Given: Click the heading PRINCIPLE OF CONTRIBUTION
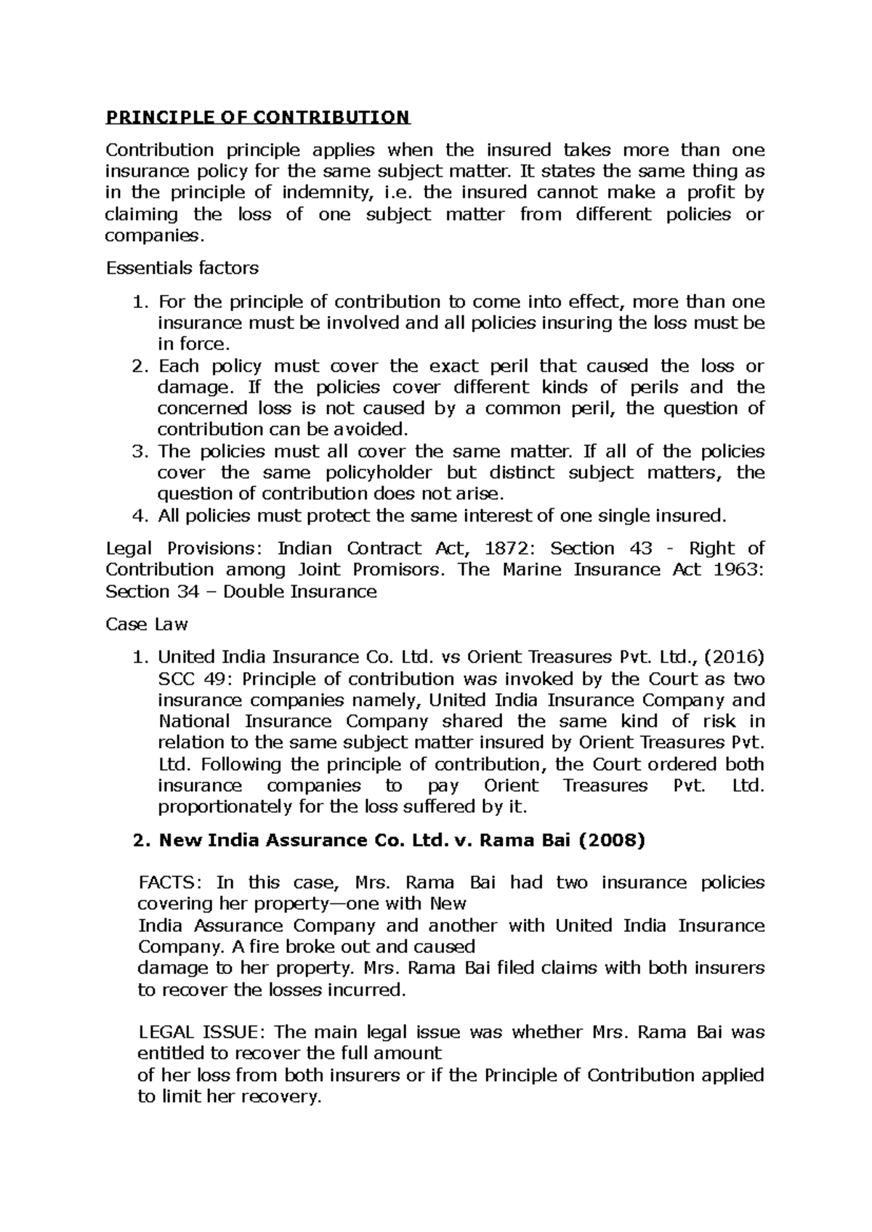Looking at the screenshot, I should click(x=258, y=117).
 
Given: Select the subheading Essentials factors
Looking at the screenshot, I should click(x=182, y=268).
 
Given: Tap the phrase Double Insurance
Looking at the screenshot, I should click(x=299, y=591).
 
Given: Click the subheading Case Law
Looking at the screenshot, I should click(x=147, y=624).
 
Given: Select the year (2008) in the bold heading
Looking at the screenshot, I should click(x=611, y=840).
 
